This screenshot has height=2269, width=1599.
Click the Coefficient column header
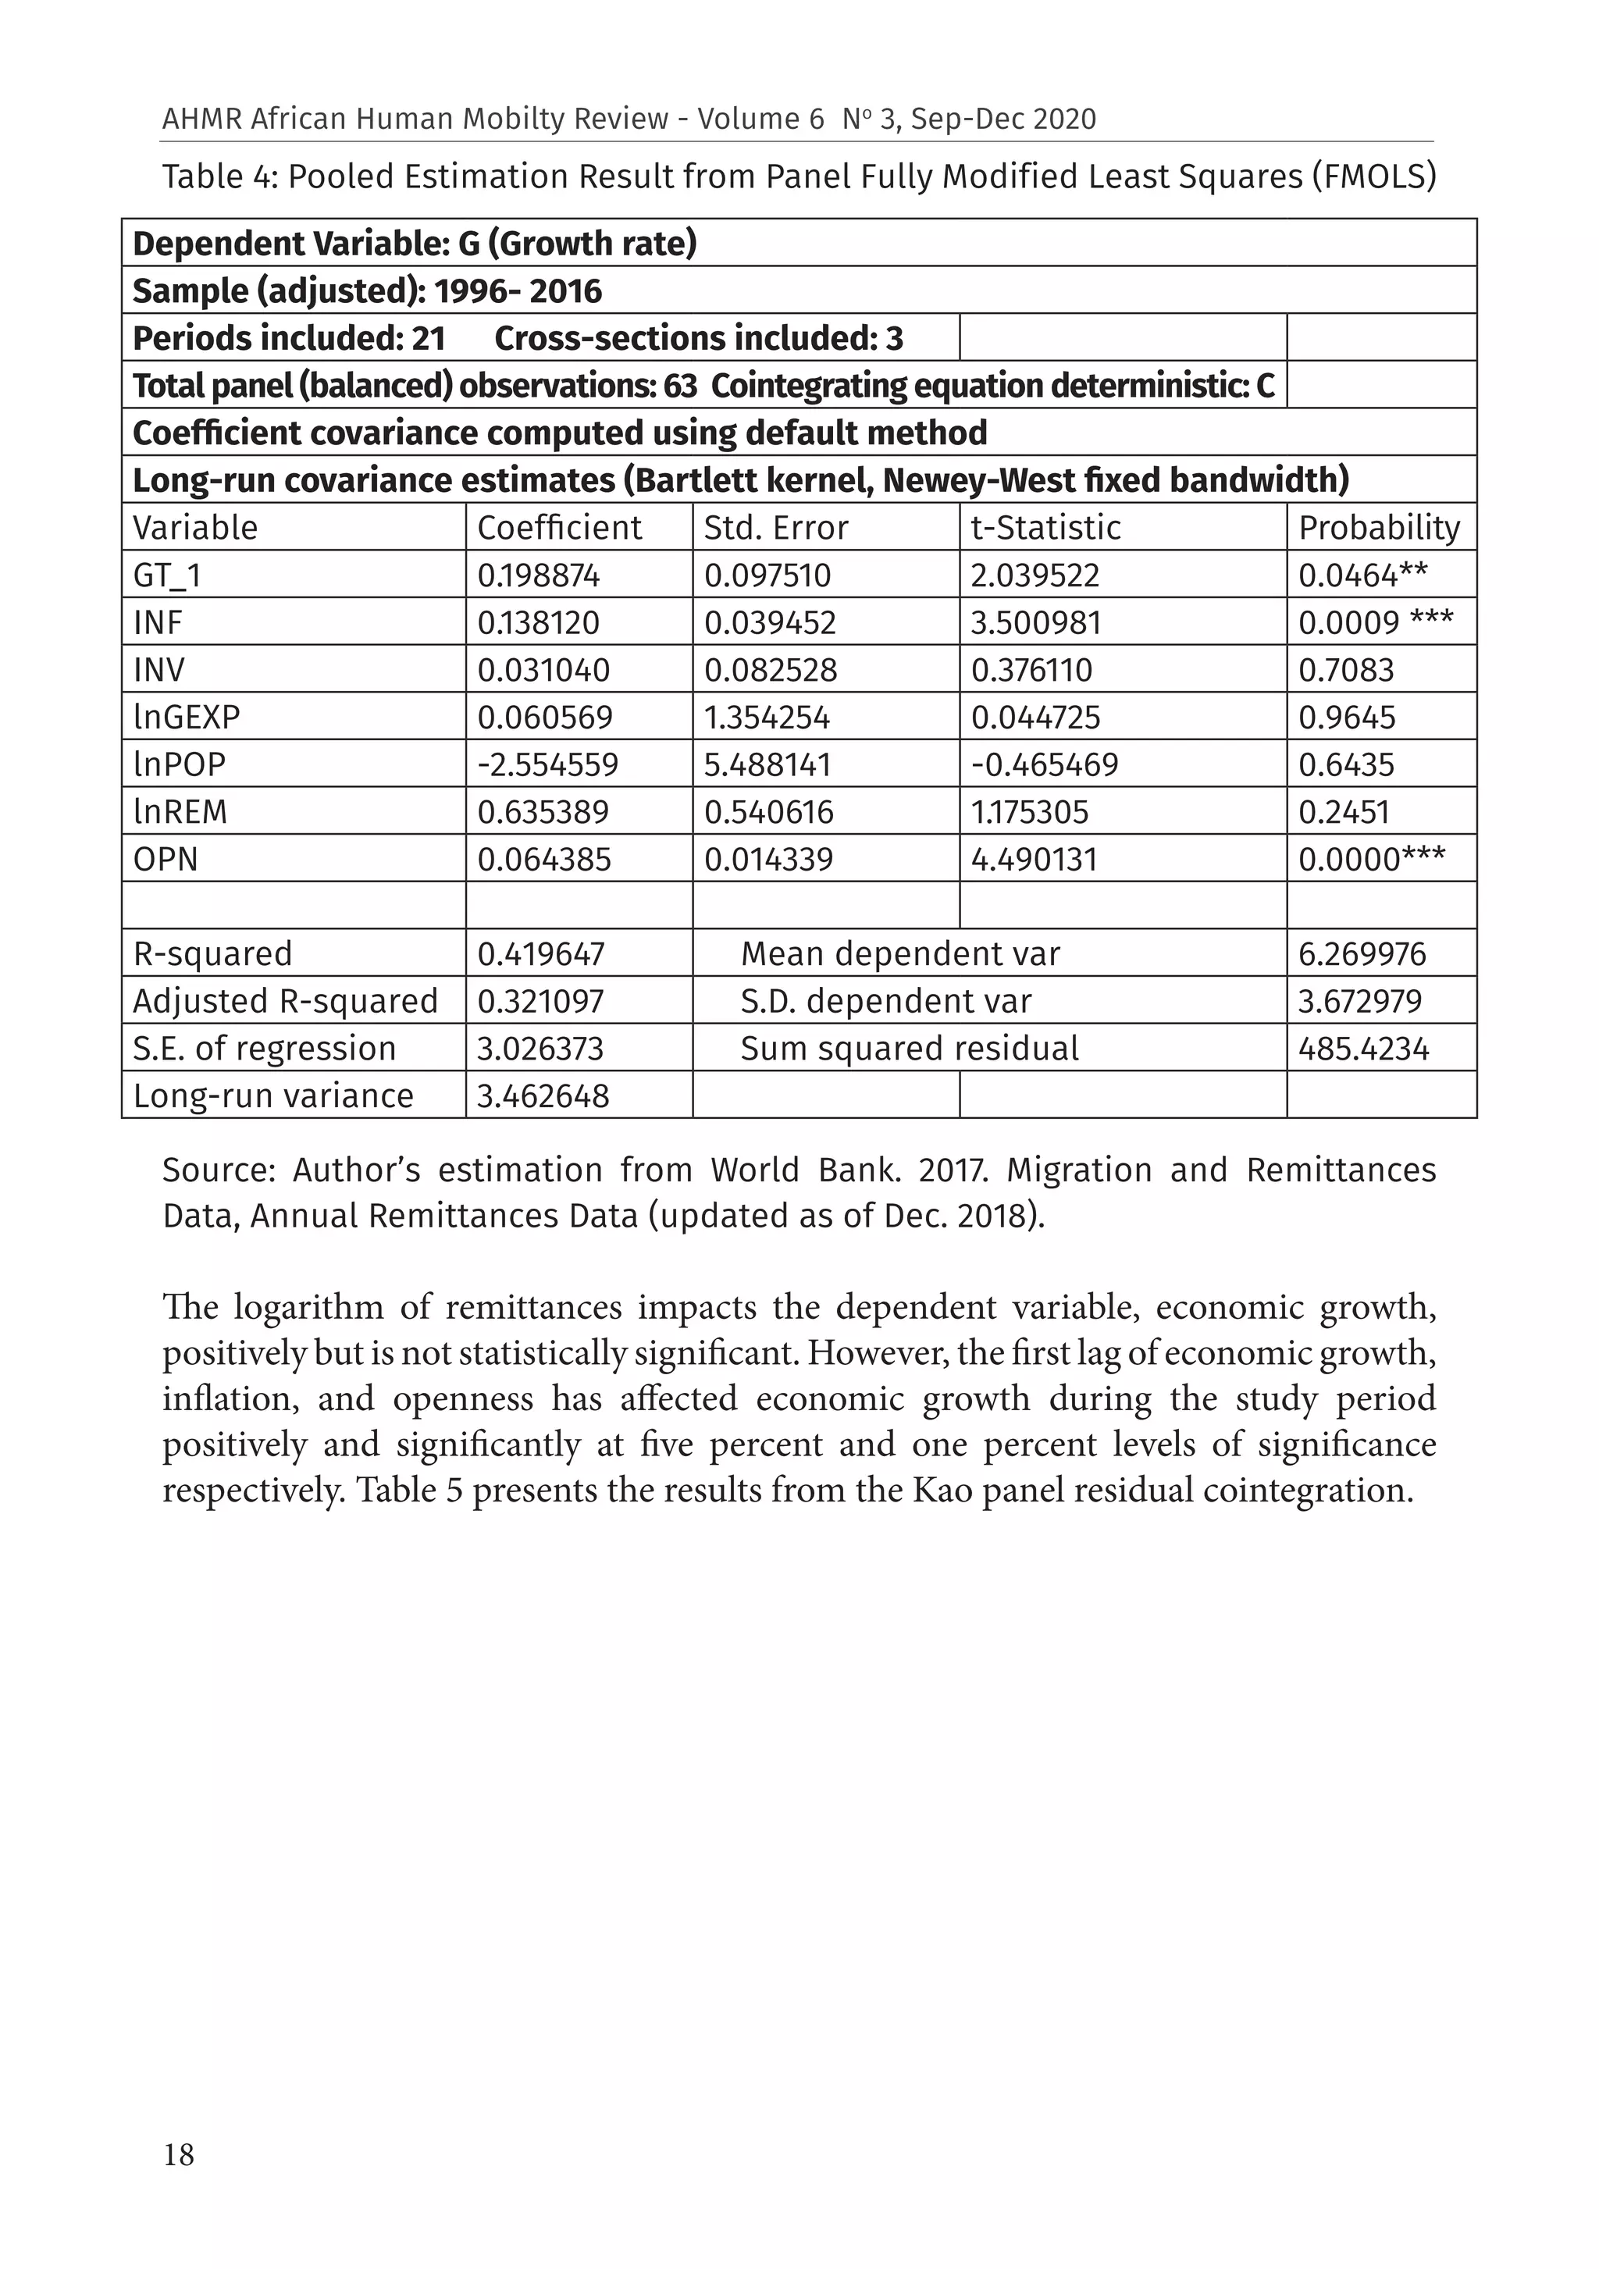pyautogui.click(x=559, y=528)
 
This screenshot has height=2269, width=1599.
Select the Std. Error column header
pyautogui.click(x=776, y=528)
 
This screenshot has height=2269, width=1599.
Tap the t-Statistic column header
pyautogui.click(x=1045, y=528)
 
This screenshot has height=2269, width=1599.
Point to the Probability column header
pyautogui.click(x=1379, y=528)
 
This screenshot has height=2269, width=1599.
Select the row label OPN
pyautogui.click(x=166, y=860)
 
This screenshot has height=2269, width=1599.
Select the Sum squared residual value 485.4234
pyautogui.click(x=1364, y=1049)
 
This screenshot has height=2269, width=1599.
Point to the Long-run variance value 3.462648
pyautogui.click(x=543, y=1096)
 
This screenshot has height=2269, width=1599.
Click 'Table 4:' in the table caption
pyautogui.click(x=219, y=177)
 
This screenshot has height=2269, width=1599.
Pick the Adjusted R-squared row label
pyautogui.click(x=285, y=1002)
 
